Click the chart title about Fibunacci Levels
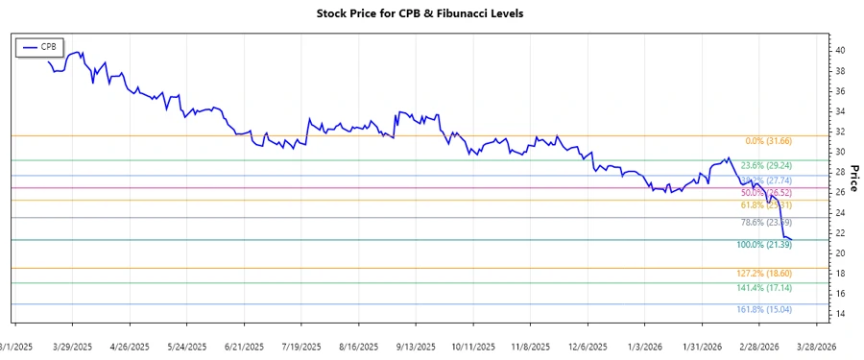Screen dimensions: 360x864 click(x=433, y=13)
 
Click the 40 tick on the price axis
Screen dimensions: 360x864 click(x=840, y=50)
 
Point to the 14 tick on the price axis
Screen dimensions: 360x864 click(x=840, y=314)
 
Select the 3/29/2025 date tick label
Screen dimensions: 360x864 click(x=73, y=346)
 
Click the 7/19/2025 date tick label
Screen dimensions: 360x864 click(x=301, y=346)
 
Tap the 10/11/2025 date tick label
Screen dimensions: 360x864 click(x=471, y=346)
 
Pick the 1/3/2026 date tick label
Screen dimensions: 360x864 click(x=642, y=346)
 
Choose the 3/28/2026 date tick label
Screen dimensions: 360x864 click(x=814, y=346)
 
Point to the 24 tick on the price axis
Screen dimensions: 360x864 click(x=840, y=212)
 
